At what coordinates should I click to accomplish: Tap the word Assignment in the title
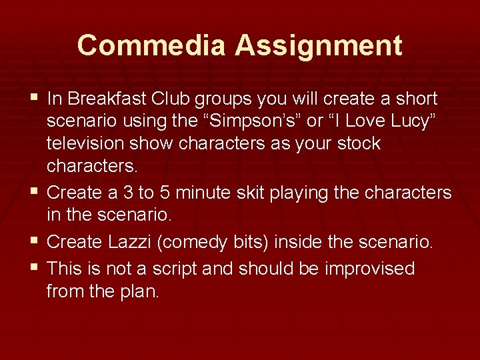[319, 45]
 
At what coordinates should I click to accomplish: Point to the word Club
[172, 99]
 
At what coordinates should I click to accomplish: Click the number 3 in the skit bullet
[148, 193]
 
